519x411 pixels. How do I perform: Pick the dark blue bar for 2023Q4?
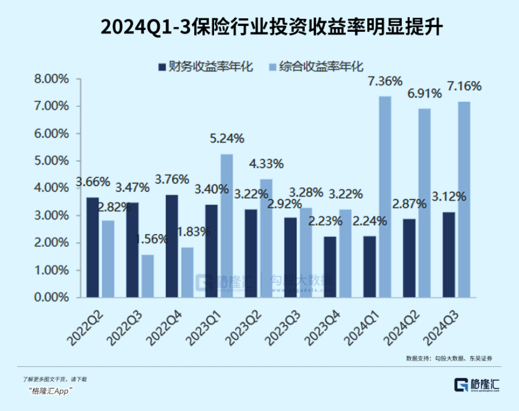[x=330, y=267]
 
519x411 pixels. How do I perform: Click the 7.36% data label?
[x=385, y=82]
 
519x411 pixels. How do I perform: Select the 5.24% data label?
[x=226, y=139]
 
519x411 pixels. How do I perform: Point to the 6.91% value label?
[x=424, y=94]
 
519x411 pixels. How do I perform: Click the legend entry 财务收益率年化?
[x=205, y=67]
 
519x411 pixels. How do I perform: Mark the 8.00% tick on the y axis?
[x=52, y=79]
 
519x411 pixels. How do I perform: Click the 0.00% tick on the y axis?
[x=52, y=297]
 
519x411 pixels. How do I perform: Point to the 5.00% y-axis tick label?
[x=52, y=161]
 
